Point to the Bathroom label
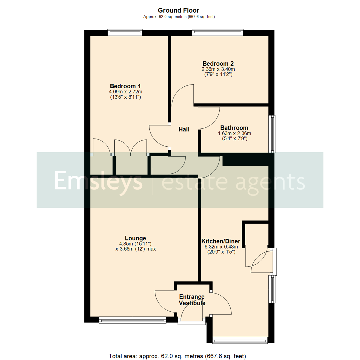click(234, 128)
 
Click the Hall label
click(184, 129)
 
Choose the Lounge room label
click(135, 238)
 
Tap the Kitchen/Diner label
click(221, 241)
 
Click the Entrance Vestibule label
click(192, 300)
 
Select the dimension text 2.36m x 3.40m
click(218, 69)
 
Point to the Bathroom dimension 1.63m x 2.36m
click(234, 133)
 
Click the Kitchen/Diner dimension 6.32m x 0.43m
click(221, 247)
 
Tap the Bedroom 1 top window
click(125, 32)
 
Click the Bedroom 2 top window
click(217, 32)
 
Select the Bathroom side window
click(273, 134)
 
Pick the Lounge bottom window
click(132, 320)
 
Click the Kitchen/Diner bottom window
click(240, 340)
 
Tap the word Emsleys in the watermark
click(99, 180)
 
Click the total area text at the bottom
click(177, 356)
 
